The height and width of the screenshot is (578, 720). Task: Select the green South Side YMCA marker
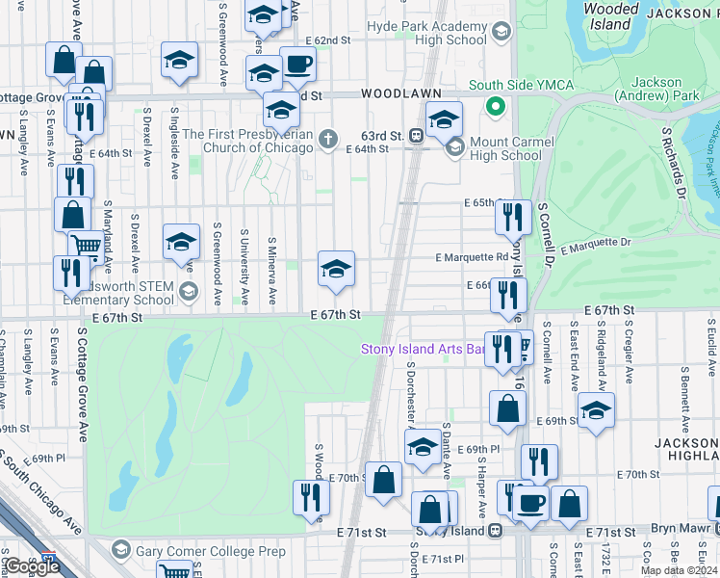pos(496,106)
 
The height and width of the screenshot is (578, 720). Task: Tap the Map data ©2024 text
pos(678,570)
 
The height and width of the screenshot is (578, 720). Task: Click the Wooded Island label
pos(612,16)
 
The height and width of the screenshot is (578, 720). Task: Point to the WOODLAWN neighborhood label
pos(401,93)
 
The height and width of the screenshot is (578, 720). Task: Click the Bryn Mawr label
pos(688,532)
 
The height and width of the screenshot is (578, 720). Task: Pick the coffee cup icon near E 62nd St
pos(297,63)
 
